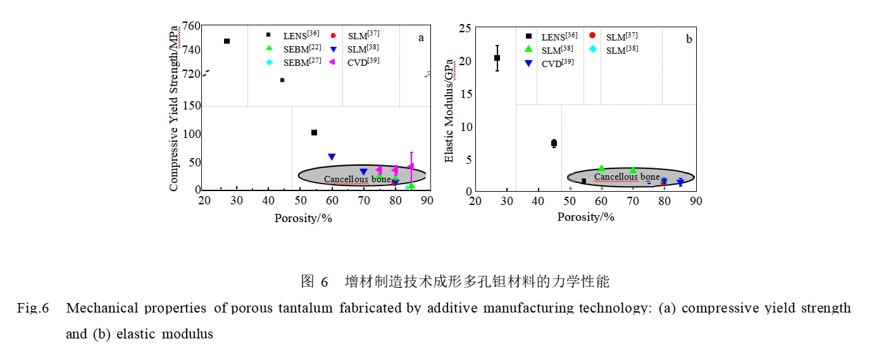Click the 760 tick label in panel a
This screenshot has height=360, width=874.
191,27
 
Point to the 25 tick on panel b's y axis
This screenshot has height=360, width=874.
465,28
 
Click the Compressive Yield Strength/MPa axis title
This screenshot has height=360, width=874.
174,108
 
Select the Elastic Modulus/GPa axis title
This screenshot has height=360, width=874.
449,111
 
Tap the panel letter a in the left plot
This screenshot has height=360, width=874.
421,38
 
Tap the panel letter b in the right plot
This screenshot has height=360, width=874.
689,40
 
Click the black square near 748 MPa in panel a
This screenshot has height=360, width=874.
227,41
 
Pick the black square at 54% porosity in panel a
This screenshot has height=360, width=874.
314,132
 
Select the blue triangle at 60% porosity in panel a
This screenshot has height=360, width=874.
332,157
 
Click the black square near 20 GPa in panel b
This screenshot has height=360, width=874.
497,58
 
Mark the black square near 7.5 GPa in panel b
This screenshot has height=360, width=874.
554,144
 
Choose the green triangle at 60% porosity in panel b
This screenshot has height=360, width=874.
601,168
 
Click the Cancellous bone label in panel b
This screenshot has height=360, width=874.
627,177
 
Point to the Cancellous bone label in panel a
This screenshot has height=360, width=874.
358,179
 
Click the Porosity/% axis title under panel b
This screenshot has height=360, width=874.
585,217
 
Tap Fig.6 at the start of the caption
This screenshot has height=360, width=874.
33,309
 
